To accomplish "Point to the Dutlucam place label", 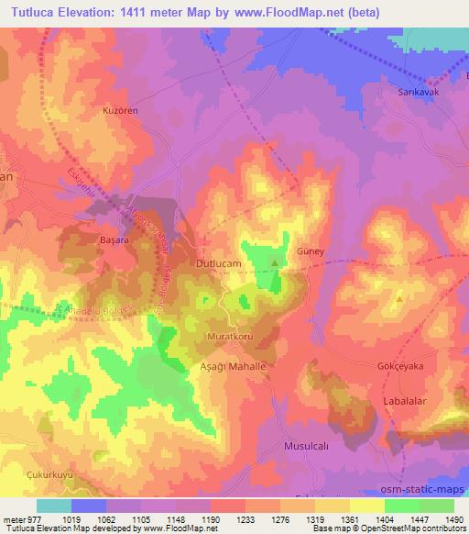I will coord(219,262).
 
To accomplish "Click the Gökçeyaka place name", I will coord(403,365).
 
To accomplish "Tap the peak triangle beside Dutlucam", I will coord(275,264).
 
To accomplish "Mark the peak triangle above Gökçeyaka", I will coord(399,299).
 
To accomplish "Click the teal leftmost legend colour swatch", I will coord(53,506).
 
